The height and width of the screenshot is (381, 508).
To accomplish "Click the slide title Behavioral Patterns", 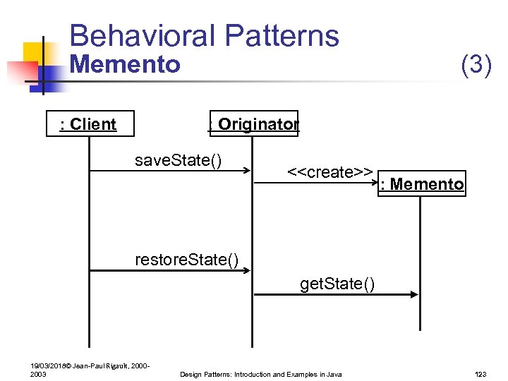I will tap(204, 36).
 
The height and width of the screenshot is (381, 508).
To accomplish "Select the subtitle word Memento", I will tap(126, 65).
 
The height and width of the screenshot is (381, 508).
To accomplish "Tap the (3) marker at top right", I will tap(476, 65).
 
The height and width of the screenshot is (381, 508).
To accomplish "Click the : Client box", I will tap(88, 124).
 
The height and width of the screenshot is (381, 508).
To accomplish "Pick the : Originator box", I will tap(253, 124).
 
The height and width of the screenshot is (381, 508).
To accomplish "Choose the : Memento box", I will tap(421, 184).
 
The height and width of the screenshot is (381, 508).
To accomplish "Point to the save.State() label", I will tap(178, 161).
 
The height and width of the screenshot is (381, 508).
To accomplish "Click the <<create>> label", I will tap(330, 172).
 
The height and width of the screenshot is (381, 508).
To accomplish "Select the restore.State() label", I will tap(186, 260).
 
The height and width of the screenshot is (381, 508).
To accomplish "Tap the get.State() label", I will tap(337, 284).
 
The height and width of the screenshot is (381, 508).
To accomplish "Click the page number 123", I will tap(481, 374).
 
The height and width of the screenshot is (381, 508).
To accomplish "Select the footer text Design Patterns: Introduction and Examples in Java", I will tap(261, 374).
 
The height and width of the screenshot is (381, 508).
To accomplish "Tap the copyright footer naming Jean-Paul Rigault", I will tap(89, 370).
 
